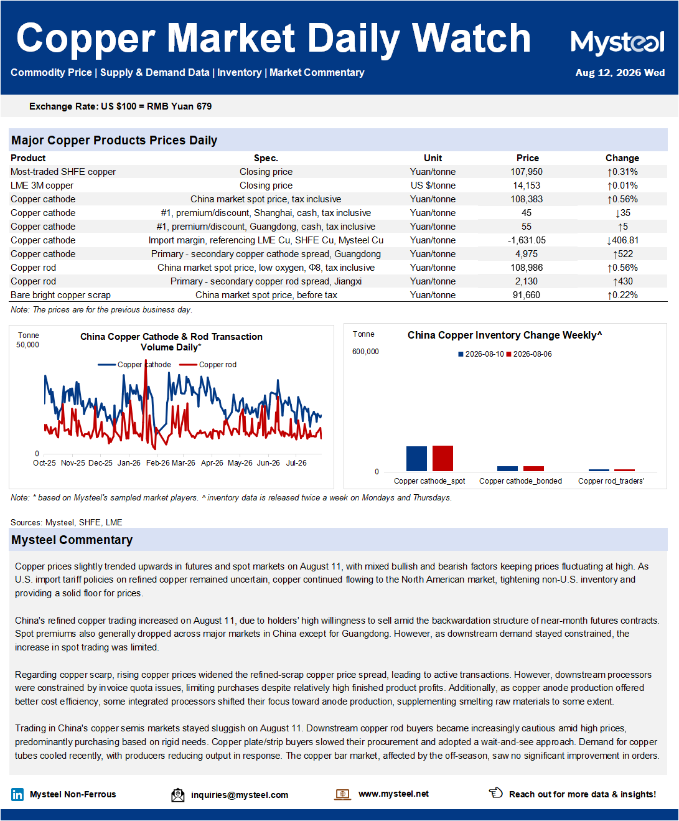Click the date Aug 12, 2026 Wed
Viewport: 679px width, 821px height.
pos(620,73)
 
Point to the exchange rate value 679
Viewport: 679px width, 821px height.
pos(204,106)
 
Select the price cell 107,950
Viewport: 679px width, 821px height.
pos(526,172)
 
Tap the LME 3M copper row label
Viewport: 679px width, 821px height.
pos(42,185)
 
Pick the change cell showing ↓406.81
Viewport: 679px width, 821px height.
pos(622,240)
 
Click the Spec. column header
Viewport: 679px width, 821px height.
pos(266,158)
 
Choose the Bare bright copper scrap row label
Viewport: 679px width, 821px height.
pos(60,295)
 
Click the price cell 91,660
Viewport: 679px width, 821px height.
pos(526,295)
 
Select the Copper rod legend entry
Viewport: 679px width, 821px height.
pos(208,365)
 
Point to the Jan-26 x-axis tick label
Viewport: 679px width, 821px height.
pos(129,463)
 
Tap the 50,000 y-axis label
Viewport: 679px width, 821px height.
pos(27,344)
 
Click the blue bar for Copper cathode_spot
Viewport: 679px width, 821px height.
pos(416,459)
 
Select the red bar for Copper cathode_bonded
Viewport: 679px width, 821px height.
pos(533,468)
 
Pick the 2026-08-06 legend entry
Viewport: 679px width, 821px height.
pos(529,354)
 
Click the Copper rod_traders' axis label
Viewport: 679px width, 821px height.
pos(611,481)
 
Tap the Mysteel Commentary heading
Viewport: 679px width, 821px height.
pos(72,540)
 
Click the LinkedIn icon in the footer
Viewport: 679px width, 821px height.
pos(17,794)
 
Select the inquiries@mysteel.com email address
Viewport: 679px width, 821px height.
pos(240,795)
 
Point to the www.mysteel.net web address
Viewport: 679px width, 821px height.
pos(393,794)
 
